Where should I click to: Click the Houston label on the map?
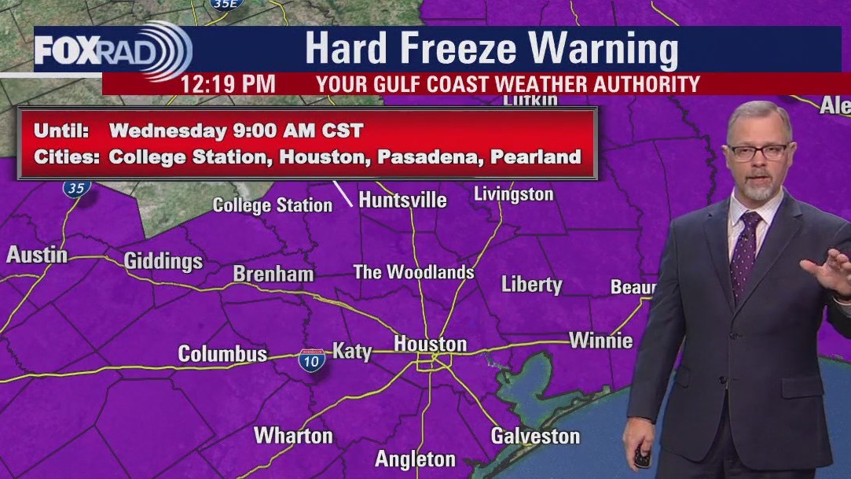(x=430, y=344)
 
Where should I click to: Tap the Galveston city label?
(x=535, y=435)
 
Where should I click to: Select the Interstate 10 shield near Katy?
(x=311, y=360)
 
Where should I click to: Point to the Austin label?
(x=37, y=255)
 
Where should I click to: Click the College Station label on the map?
(x=273, y=205)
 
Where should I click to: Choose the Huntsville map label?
(x=402, y=200)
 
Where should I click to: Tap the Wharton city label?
(x=292, y=435)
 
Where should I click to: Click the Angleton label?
(x=415, y=459)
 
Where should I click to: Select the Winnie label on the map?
(x=600, y=341)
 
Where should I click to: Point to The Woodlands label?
(x=413, y=272)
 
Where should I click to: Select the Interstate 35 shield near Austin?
(x=77, y=187)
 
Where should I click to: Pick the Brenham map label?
(x=273, y=274)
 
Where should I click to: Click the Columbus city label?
(x=222, y=354)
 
